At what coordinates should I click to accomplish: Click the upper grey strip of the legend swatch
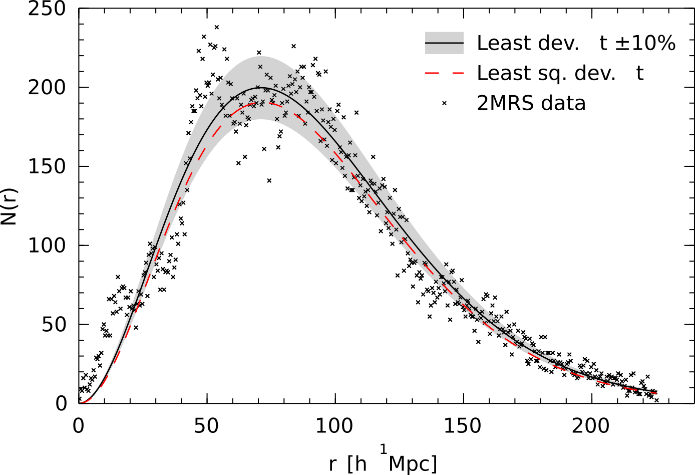click(444, 37)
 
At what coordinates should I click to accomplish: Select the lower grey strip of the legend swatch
click(444, 49)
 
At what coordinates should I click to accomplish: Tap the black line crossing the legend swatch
click(444, 43)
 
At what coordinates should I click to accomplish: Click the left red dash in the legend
click(432, 73)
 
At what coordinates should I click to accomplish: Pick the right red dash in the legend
click(458, 73)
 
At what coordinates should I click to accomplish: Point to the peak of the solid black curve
click(261, 88)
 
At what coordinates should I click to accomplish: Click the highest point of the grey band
click(261, 56)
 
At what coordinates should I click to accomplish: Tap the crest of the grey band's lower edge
click(261, 120)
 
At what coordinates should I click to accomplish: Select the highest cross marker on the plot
click(260, 67)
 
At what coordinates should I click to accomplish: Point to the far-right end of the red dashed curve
click(656, 393)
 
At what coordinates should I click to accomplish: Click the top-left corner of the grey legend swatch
click(426, 32)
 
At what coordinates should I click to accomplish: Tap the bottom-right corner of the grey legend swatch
click(463, 54)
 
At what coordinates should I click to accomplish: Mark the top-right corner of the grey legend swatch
click(463, 32)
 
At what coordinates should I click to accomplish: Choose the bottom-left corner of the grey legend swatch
click(426, 54)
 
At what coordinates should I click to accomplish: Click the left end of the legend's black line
click(426, 43)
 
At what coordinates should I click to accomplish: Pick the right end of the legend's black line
click(463, 43)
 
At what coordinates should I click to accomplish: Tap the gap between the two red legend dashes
click(445, 73)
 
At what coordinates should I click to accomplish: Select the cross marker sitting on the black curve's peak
click(258, 87)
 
